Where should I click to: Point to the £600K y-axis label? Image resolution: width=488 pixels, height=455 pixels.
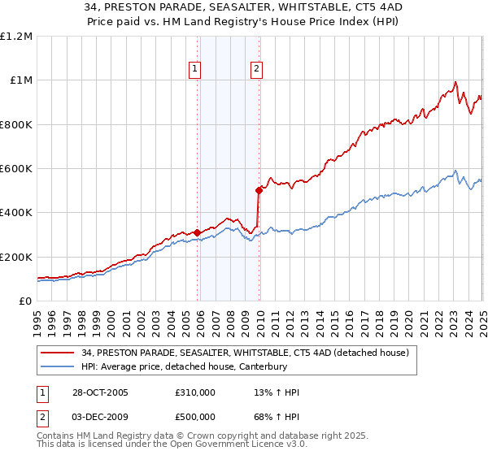(16, 168)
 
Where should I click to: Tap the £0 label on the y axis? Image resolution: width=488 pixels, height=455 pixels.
(26, 301)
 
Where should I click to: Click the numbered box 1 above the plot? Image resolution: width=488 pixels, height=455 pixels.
(196, 70)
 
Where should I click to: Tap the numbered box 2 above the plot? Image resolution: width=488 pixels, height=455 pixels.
(256, 70)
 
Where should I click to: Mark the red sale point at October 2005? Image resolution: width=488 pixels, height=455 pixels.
(197, 232)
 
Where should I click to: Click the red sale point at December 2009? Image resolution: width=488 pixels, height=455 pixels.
(259, 190)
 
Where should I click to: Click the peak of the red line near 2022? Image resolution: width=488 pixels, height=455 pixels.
(455, 81)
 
